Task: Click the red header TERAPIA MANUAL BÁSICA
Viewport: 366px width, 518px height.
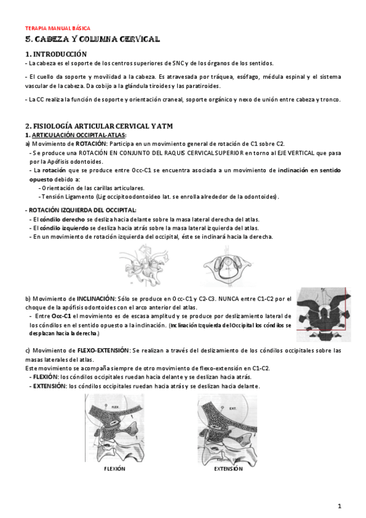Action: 57,28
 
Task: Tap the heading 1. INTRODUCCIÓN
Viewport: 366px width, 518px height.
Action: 52,54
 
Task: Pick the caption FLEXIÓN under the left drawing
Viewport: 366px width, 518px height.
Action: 114,469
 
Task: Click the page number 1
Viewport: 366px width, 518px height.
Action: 339,506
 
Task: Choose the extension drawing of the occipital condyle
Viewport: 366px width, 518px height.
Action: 227,428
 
